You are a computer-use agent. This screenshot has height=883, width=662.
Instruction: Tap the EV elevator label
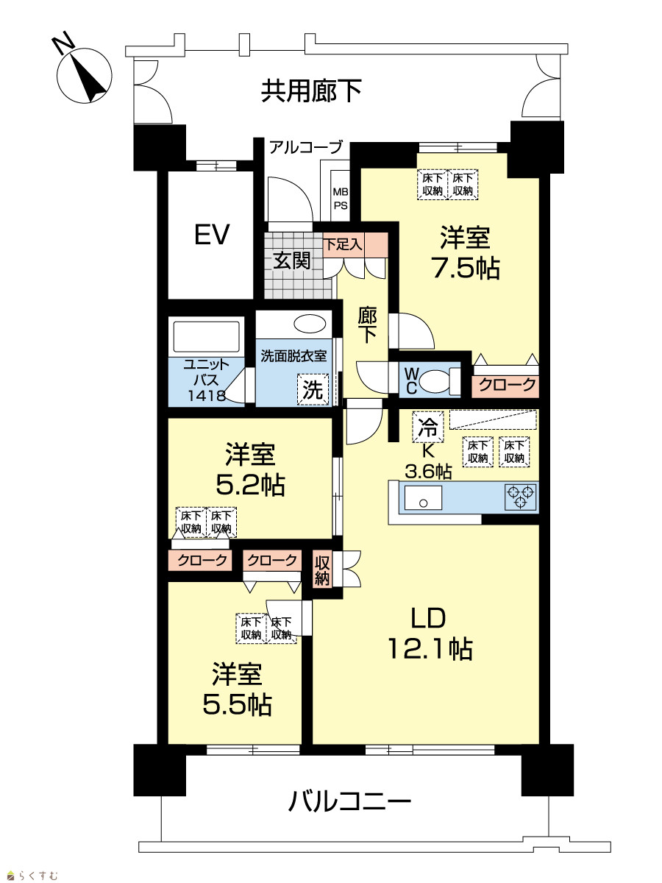(x=212, y=235)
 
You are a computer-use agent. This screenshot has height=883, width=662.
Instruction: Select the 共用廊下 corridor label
(x=311, y=91)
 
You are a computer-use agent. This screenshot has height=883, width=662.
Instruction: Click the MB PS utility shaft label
(x=341, y=199)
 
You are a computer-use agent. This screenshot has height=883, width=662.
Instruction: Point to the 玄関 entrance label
(x=292, y=260)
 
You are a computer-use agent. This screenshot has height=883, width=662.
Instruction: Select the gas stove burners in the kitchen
(x=521, y=497)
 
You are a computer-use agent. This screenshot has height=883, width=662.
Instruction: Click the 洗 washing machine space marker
(x=313, y=389)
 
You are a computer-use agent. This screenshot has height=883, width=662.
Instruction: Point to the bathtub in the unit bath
(x=206, y=337)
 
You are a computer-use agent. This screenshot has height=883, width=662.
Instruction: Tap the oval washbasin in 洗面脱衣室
(x=309, y=324)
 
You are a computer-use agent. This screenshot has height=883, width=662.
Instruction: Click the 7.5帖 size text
(x=466, y=269)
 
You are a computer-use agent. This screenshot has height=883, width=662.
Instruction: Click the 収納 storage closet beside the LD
(x=322, y=570)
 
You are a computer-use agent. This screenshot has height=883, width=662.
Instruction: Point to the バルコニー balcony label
(x=349, y=801)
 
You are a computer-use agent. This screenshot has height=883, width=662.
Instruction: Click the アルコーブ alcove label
(x=305, y=147)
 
